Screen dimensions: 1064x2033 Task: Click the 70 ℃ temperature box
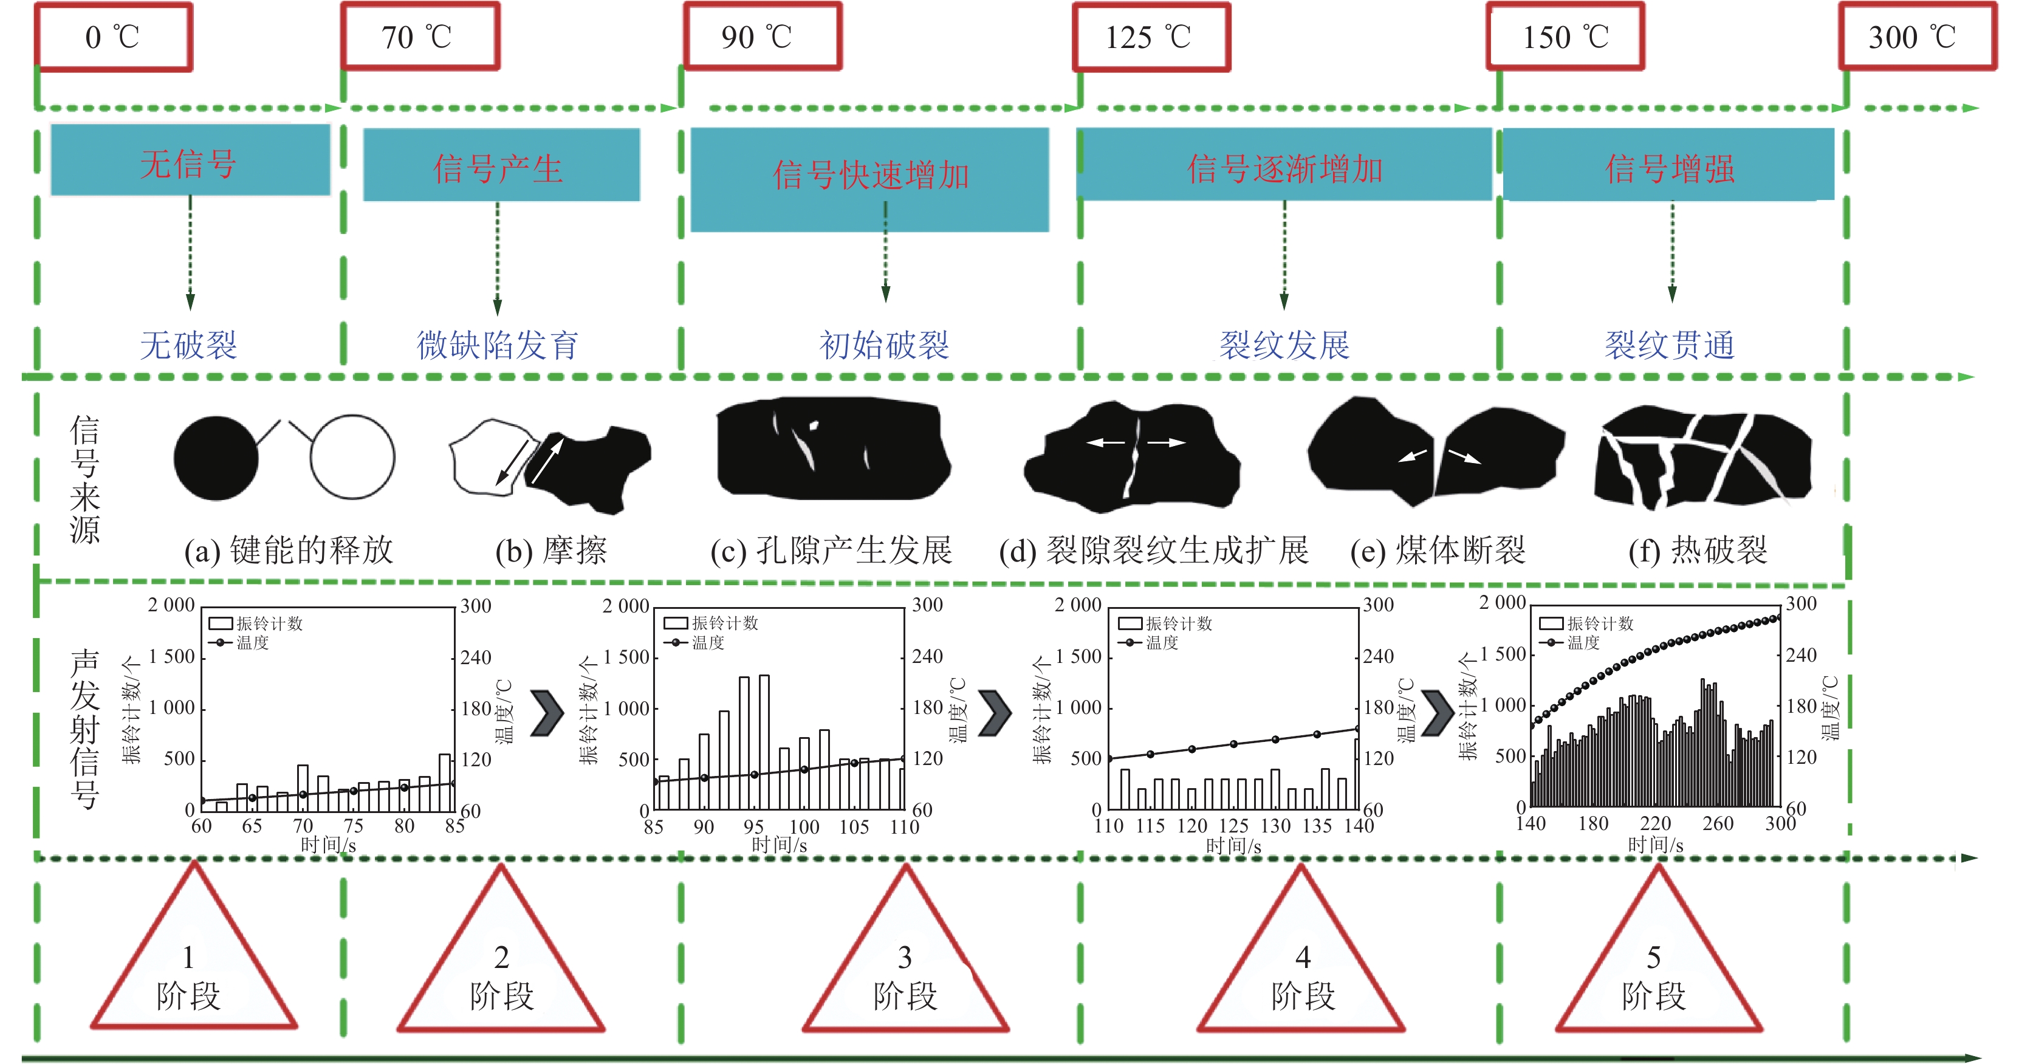pyautogui.click(x=420, y=37)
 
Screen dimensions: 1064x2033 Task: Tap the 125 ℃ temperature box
pyautogui.click(x=1151, y=37)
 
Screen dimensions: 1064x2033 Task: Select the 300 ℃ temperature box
pyautogui.click(x=1917, y=37)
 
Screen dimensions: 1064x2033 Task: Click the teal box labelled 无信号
pyautogui.click(x=190, y=160)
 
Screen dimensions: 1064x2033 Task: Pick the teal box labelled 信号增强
pyautogui.click(x=1668, y=165)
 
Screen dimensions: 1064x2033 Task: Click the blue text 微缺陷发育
pyautogui.click(x=497, y=345)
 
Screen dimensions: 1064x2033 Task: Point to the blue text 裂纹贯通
pyautogui.click(x=1669, y=345)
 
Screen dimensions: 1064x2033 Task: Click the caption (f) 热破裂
pyautogui.click(x=1698, y=550)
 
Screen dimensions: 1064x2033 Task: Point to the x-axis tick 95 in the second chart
pyautogui.click(x=753, y=826)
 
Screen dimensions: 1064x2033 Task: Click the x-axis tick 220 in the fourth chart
pyautogui.click(x=1655, y=823)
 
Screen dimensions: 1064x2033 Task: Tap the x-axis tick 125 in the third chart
pyautogui.click(x=1233, y=826)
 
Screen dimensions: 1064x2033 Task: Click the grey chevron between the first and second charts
pyautogui.click(x=546, y=713)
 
